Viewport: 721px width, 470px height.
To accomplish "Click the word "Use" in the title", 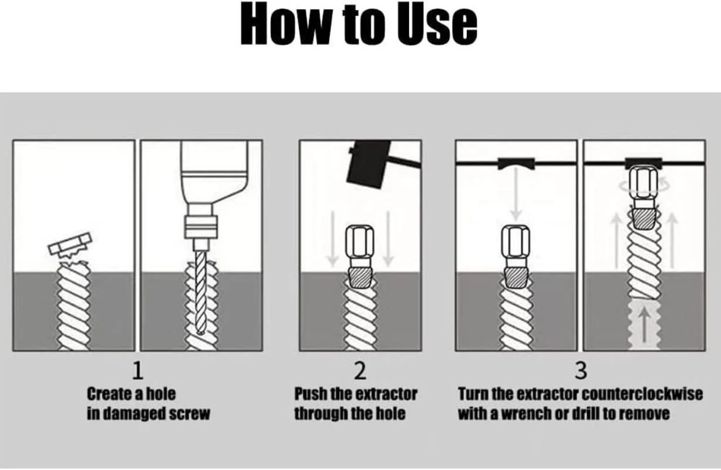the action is pos(437,25).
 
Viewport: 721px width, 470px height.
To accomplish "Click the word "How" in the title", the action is pos(286,24).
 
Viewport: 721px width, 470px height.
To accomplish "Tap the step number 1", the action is pos(138,371).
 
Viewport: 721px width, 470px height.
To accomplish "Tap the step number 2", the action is pos(360,371).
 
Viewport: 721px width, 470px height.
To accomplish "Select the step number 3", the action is pos(581,371).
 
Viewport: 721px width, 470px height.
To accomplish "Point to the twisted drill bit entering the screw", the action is pos(200,292).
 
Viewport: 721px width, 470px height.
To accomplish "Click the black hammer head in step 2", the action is pos(369,164).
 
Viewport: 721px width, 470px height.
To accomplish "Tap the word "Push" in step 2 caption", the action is pos(311,394).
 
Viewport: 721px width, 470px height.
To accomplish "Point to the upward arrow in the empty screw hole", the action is pos(643,324).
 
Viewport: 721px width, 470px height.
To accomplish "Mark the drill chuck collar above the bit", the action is pos(201,227).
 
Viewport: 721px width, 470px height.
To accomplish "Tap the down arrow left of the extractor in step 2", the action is pos(332,239).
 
